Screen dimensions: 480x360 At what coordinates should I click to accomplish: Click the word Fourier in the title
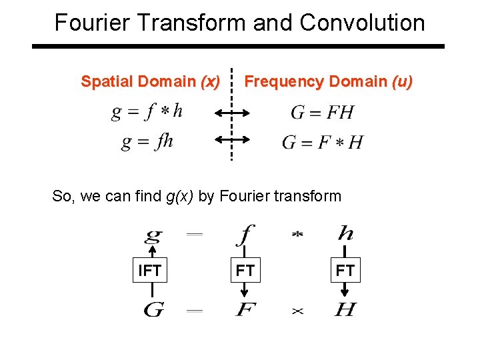94,23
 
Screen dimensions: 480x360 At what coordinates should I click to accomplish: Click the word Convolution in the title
362,23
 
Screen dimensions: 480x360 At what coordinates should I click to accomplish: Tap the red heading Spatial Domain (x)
150,81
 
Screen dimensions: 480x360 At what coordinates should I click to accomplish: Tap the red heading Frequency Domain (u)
329,81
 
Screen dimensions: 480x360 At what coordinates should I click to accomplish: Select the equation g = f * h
147,111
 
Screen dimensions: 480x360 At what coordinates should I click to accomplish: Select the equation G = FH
322,112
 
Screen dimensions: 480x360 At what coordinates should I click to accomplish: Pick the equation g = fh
147,141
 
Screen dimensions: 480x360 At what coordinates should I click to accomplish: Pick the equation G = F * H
323,142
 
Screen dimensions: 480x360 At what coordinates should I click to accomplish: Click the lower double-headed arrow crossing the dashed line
232,139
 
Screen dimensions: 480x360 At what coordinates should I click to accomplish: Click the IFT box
149,271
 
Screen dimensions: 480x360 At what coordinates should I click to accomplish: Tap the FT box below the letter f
245,271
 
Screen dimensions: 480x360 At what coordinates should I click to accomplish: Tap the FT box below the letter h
345,271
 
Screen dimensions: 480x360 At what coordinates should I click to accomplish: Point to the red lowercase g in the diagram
153,235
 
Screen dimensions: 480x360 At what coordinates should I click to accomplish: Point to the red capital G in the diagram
154,310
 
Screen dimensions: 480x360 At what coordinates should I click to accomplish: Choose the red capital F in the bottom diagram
245,310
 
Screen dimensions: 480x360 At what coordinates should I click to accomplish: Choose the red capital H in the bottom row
345,310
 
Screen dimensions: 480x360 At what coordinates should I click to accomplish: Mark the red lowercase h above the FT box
345,233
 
